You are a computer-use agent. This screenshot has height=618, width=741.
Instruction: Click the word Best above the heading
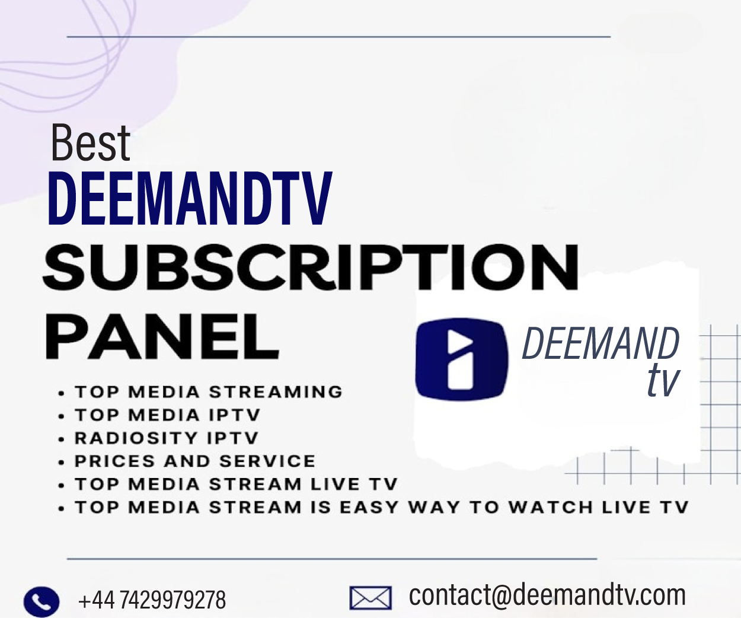tap(90, 143)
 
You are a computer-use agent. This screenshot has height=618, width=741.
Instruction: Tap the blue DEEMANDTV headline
tap(190, 199)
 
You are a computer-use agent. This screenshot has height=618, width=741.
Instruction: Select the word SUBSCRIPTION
tap(311, 267)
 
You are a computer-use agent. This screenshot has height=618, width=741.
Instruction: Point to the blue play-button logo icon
tap(462, 359)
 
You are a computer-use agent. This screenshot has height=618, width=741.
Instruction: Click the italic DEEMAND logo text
tap(600, 344)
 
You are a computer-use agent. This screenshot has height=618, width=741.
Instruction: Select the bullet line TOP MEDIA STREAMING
tap(208, 392)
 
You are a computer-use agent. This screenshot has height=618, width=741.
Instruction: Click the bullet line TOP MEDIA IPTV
tap(167, 415)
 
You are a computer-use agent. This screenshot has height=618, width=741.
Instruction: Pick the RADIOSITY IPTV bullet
tap(167, 438)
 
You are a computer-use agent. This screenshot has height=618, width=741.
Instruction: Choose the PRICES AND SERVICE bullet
tap(195, 461)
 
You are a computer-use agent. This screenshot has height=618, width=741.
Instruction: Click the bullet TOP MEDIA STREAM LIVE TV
tap(235, 485)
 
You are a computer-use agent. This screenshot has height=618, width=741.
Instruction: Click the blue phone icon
tap(41, 601)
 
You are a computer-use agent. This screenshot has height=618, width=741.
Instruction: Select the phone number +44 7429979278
tap(152, 600)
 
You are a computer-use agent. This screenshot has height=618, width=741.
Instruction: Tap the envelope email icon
tap(370, 598)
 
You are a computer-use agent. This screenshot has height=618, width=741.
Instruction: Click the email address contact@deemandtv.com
tap(547, 595)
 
